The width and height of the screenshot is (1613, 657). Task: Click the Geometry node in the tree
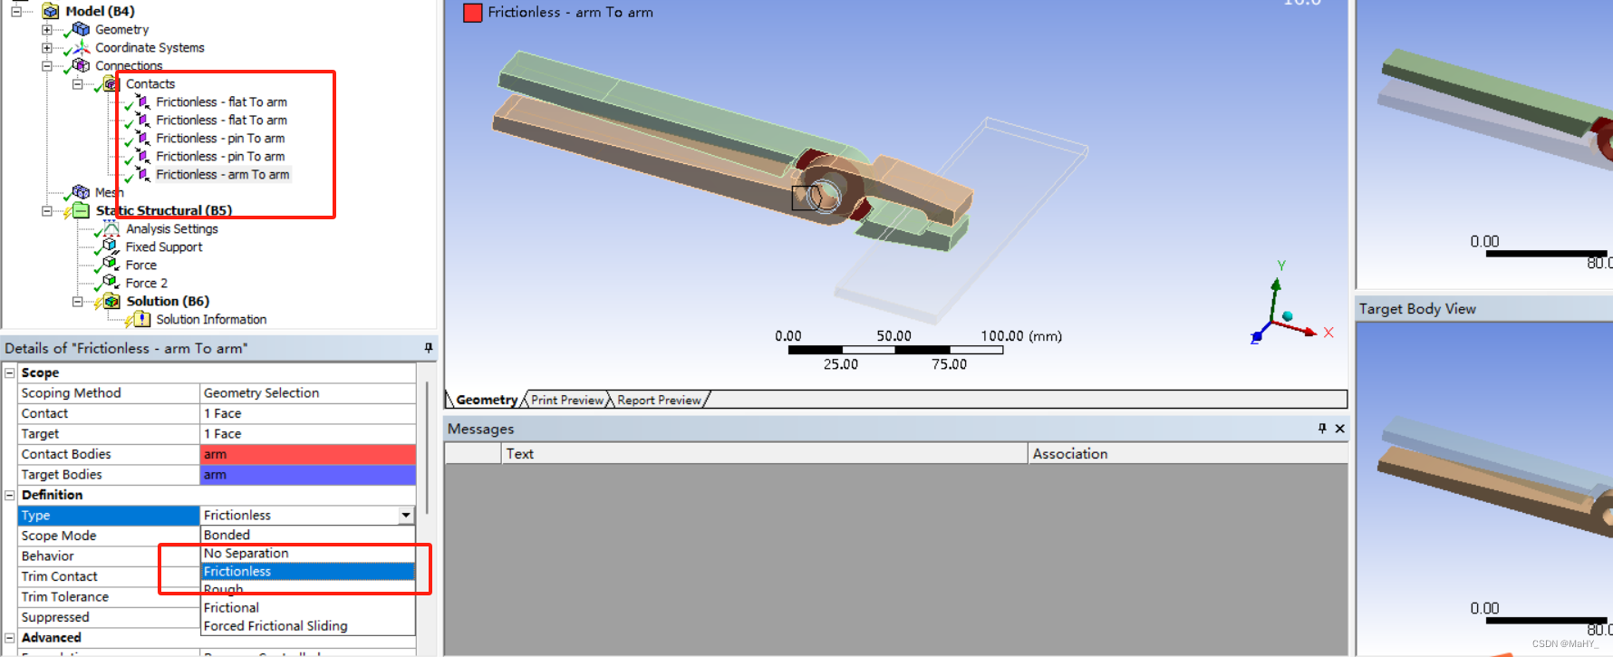click(x=121, y=29)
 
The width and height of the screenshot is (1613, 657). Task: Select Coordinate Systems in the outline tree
click(x=150, y=47)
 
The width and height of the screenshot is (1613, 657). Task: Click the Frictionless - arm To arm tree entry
click(x=222, y=174)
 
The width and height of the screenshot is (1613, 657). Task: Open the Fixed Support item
click(x=163, y=246)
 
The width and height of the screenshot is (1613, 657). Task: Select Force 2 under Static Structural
click(x=146, y=283)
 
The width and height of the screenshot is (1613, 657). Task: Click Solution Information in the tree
click(x=210, y=319)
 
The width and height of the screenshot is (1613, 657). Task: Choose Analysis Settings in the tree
click(x=171, y=228)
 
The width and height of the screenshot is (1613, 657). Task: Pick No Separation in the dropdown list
click(x=246, y=553)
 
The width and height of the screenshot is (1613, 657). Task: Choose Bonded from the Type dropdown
click(x=227, y=535)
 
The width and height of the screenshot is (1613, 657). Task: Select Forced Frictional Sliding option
click(x=275, y=625)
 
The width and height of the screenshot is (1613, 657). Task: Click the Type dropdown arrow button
click(x=406, y=515)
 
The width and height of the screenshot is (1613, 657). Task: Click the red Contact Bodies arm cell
click(x=307, y=454)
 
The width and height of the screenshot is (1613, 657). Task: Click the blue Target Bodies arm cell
click(x=307, y=474)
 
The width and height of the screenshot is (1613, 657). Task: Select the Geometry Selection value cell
click(x=307, y=392)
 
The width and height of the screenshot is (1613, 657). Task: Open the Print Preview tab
click(x=566, y=400)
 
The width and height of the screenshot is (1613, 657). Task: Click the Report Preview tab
click(x=659, y=400)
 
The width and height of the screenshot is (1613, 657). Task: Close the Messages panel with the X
click(x=1339, y=429)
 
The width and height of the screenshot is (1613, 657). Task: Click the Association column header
click(x=1069, y=453)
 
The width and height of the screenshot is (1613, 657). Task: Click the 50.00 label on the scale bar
click(x=893, y=335)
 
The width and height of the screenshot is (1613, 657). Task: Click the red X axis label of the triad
click(x=1328, y=333)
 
